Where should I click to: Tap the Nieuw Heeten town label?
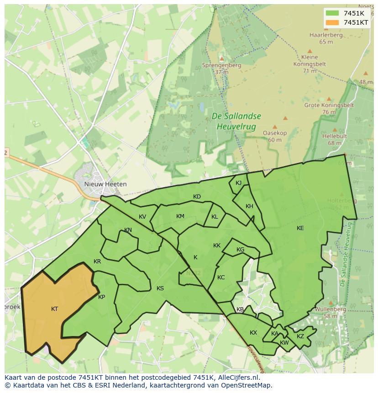[105, 184]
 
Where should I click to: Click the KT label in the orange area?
[54, 309]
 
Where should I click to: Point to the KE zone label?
[300, 228]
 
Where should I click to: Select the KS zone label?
[160, 288]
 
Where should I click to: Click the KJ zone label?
[238, 183]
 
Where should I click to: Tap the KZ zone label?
[300, 336]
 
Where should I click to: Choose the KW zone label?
[284, 343]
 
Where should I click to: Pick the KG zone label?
[240, 250]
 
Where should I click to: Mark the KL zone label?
[215, 217]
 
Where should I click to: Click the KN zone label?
[128, 230]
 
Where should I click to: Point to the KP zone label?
[101, 297]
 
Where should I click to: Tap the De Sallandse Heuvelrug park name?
[236, 121]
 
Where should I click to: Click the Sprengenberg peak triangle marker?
[222, 58]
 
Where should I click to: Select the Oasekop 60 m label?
[275, 136]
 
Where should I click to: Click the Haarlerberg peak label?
[325, 35]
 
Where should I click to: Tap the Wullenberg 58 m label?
[330, 312]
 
